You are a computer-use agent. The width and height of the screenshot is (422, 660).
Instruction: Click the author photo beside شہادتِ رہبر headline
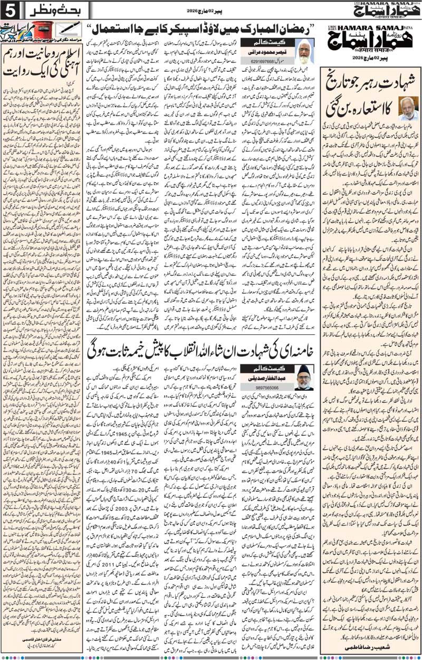(408, 109)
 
